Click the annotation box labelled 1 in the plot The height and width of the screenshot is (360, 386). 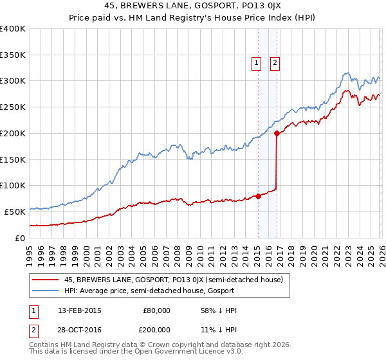[x=256, y=63]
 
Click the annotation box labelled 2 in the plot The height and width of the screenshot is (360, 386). [x=275, y=63]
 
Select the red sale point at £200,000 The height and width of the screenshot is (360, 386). [x=277, y=134]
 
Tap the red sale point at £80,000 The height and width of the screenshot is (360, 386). [x=258, y=196]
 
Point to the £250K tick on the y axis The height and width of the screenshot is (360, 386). [x=13, y=107]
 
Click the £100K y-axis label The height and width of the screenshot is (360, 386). [x=13, y=186]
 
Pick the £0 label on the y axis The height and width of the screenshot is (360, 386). [x=21, y=238]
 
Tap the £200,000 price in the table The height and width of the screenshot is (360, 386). [x=156, y=328]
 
